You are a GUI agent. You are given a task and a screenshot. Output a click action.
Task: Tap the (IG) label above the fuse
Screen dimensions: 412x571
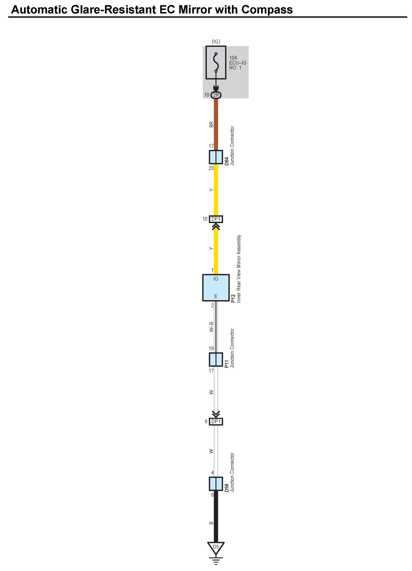click(216, 41)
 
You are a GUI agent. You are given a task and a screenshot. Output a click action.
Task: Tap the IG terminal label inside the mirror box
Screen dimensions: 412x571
click(216, 279)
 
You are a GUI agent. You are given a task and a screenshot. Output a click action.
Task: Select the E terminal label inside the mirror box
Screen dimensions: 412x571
click(216, 296)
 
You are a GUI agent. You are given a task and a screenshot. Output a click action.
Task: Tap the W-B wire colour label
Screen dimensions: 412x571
click(211, 327)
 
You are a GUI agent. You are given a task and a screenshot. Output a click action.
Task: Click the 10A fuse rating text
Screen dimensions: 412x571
click(233, 58)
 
